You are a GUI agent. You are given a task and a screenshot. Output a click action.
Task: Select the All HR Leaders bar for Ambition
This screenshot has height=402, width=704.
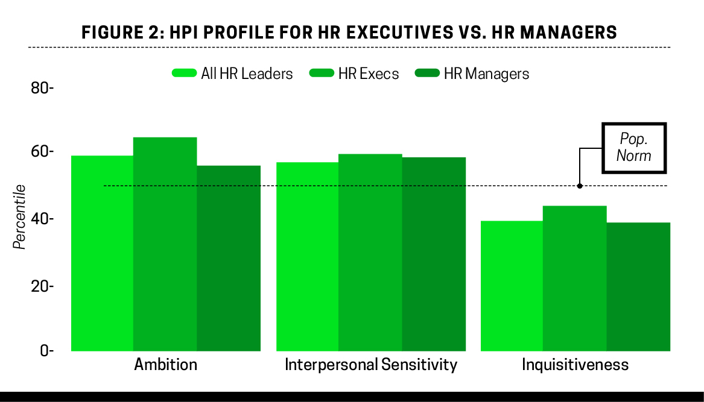pyautogui.click(x=102, y=253)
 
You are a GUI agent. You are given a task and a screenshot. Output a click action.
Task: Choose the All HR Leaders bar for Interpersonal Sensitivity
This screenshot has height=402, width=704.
pyautogui.click(x=307, y=256)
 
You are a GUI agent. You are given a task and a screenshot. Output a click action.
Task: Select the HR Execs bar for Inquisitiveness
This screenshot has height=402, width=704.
pyautogui.click(x=574, y=278)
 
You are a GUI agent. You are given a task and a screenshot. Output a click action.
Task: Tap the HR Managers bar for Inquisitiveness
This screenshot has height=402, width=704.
pyautogui.click(x=638, y=286)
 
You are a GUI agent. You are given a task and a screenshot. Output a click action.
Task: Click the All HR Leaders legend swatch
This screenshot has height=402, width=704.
pyautogui.click(x=184, y=74)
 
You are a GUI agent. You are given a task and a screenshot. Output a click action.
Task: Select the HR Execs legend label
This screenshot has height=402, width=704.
pyautogui.click(x=369, y=74)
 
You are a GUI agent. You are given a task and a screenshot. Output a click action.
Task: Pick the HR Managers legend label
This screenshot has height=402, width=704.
pyautogui.click(x=486, y=74)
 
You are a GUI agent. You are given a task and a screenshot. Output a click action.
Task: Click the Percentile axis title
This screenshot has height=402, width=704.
pyautogui.click(x=20, y=216)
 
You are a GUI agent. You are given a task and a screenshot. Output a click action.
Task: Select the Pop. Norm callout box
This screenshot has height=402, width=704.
pyautogui.click(x=634, y=148)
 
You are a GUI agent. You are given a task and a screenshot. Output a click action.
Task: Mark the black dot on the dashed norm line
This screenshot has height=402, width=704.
pyautogui.click(x=580, y=186)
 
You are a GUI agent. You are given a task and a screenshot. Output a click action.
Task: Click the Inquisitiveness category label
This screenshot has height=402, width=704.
pyautogui.click(x=575, y=365)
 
